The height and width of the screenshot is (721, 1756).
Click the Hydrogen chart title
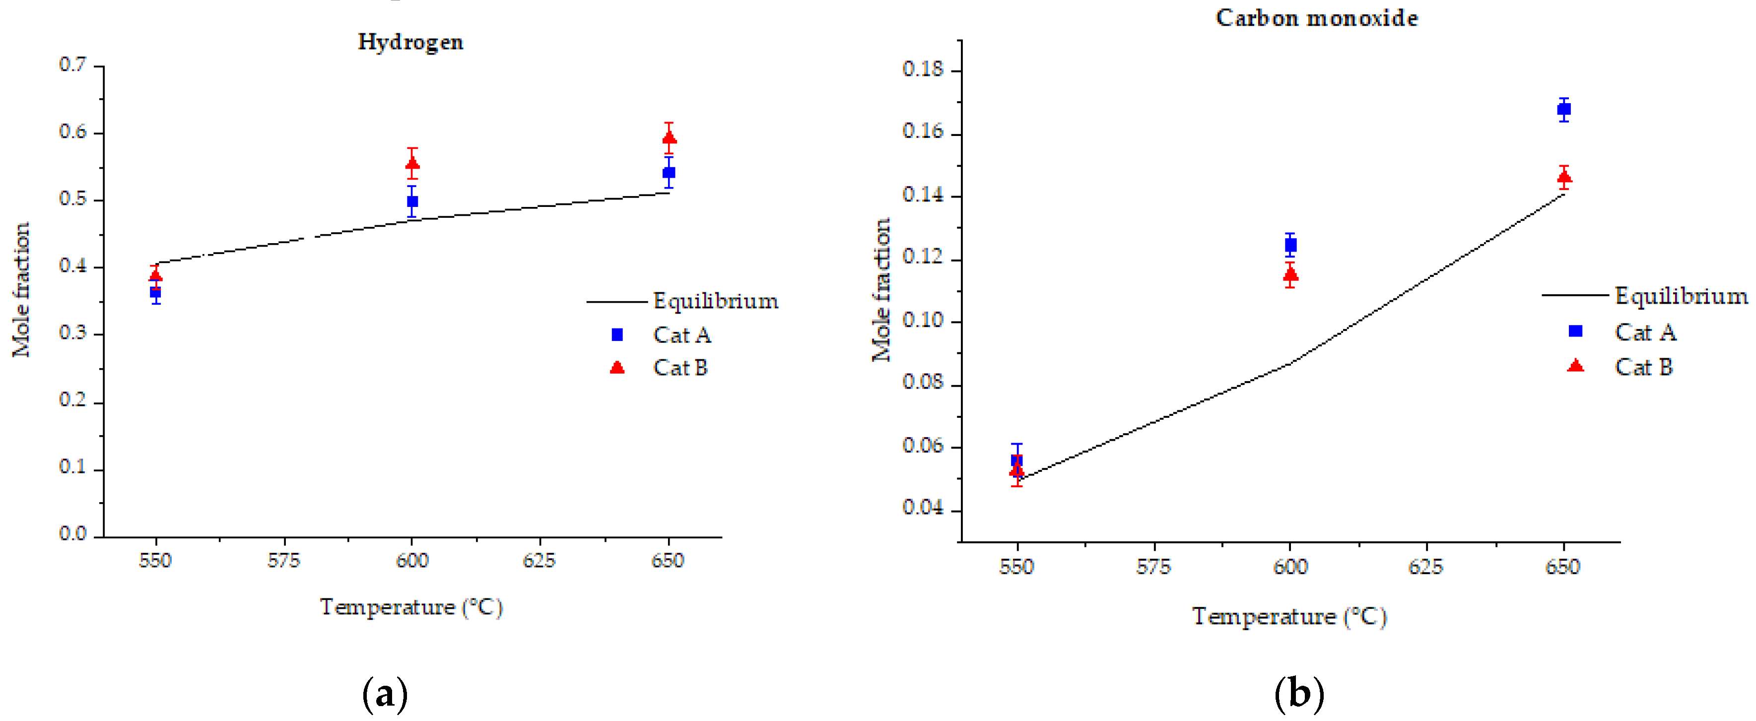pos(410,42)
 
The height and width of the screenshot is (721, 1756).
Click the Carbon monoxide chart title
pos(1316,18)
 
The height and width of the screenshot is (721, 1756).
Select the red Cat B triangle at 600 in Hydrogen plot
pos(412,164)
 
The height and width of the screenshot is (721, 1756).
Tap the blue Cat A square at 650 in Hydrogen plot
pos(669,172)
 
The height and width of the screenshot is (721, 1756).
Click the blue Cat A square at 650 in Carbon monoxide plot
pos(1564,109)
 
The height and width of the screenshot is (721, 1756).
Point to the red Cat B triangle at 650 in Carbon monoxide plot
pos(1564,178)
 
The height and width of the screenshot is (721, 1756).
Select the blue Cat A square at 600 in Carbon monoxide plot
pos(1290,245)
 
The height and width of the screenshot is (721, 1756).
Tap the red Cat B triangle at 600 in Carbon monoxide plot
pos(1290,274)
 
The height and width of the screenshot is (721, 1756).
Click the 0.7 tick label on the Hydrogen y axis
pos(72,65)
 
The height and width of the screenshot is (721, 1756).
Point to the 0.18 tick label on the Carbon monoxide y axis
pos(923,69)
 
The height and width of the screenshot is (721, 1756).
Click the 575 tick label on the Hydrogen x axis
pos(283,561)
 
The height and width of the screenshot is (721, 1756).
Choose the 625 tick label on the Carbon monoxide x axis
pos(1425,567)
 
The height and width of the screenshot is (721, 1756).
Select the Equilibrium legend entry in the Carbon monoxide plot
pos(1681,296)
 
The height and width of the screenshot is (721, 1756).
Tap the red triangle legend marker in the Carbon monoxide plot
pos(1575,366)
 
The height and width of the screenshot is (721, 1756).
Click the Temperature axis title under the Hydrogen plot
pos(411,607)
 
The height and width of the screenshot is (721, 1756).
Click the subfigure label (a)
pos(385,694)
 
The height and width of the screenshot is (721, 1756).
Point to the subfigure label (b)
pos(1298,694)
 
